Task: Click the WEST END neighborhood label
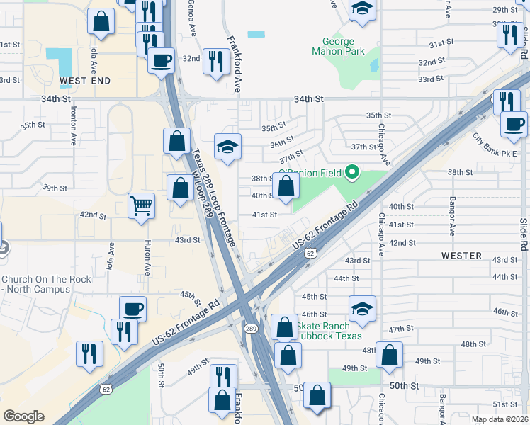pos(84,81)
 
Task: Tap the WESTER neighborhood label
pos(461,255)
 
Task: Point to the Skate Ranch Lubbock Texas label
pos(329,331)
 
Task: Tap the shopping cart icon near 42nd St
pos(142,206)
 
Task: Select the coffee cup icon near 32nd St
pos(162,59)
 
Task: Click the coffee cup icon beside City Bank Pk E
pos(514,125)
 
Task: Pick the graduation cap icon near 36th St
pos(228,147)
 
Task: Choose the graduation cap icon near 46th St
pos(362,308)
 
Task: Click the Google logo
pos(23,416)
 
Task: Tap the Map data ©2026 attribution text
pos(499,419)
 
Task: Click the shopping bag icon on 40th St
pos(286,186)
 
